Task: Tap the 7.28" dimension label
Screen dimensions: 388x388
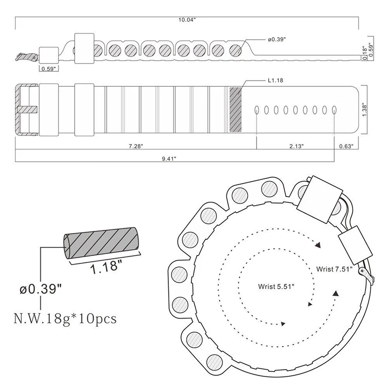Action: coord(136,146)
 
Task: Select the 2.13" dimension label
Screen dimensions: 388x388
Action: coord(295,146)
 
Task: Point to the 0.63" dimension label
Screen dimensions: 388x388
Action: coord(346,146)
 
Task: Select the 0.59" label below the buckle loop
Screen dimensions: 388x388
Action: coord(48,68)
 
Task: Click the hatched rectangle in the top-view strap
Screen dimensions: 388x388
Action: coord(235,110)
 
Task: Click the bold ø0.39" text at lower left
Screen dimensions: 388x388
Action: coord(41,290)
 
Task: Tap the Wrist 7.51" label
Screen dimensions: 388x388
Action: coord(333,269)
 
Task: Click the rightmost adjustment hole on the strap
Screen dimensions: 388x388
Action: coord(335,110)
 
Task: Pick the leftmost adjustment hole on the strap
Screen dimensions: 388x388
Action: coord(257,110)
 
